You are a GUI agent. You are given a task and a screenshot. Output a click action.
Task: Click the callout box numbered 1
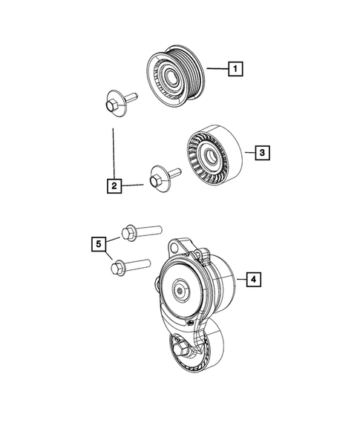pos(235,70)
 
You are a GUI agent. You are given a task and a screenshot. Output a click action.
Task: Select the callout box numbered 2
pos(114,185)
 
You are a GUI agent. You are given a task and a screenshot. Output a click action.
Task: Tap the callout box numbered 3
pos(262,154)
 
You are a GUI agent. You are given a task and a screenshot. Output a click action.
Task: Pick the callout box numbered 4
pos(252,279)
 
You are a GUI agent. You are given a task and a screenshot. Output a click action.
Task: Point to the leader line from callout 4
pos(236,279)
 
